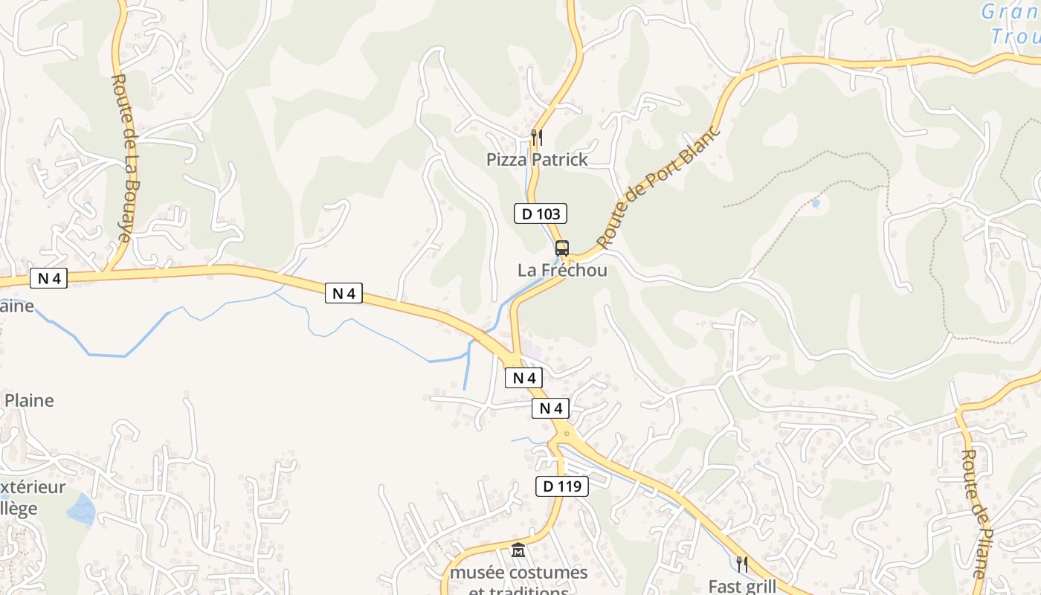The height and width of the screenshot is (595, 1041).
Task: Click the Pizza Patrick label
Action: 537,159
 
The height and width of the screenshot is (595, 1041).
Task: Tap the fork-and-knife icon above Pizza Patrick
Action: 537,138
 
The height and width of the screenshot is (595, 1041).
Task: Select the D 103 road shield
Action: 541,214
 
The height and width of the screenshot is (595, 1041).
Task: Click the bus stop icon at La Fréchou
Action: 562,248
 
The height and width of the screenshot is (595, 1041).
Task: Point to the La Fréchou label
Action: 562,270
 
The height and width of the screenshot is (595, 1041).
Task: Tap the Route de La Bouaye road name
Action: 123,158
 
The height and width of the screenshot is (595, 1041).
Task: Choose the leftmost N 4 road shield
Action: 49,279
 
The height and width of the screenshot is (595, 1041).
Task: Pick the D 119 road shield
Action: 562,487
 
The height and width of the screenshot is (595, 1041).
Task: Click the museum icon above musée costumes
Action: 518,551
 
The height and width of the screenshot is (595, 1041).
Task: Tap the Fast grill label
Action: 742,586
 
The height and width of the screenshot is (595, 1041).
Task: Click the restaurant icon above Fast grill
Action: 741,563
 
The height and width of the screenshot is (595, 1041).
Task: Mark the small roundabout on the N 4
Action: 567,433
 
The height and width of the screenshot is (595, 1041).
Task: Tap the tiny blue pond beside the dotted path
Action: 816,202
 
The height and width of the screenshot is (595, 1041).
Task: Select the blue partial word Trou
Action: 1016,36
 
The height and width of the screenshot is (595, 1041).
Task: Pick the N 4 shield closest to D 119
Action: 551,408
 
